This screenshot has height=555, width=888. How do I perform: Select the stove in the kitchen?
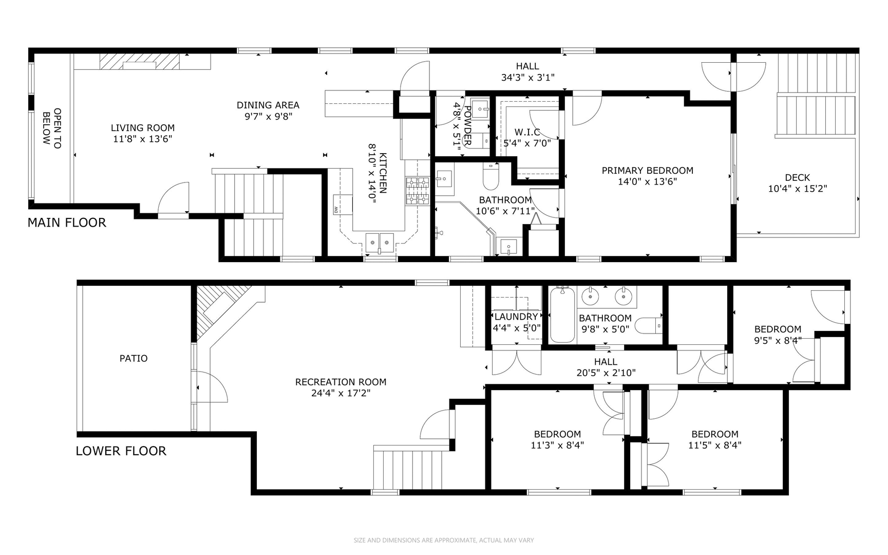coord(417,191)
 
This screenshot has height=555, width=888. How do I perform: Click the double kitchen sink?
coord(380,240)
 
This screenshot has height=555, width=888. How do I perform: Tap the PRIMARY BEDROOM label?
coord(647,171)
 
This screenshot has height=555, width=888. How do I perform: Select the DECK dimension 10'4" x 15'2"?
coord(797,189)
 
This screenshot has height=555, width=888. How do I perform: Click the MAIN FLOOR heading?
coord(67,223)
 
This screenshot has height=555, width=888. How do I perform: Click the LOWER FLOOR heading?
coord(121,451)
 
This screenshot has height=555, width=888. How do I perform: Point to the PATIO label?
coord(134,358)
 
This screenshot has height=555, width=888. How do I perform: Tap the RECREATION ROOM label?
coord(341,382)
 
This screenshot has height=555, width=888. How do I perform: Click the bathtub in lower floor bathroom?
coord(562,316)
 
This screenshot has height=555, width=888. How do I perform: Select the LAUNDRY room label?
coord(516,317)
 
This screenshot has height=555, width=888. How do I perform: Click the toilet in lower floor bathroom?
coord(649,325)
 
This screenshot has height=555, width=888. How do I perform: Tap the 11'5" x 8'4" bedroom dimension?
coord(714,446)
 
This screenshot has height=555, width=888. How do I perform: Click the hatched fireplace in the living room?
coord(139,61)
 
